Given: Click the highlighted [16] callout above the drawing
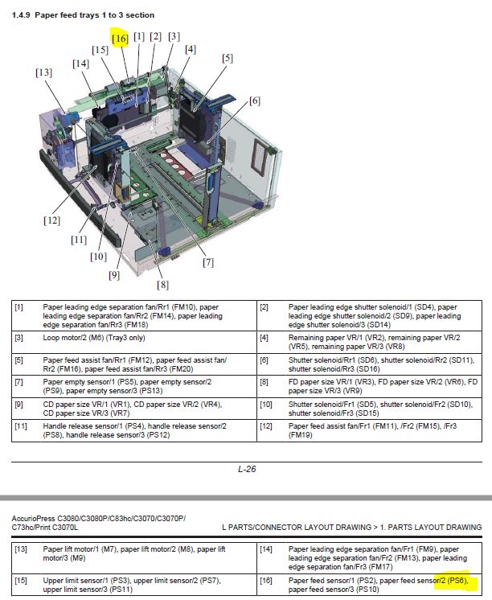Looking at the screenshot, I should [120, 38].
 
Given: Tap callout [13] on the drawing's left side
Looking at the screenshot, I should [43, 72].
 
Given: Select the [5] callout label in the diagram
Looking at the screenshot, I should [228, 58].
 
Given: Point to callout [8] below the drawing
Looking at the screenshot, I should [163, 284].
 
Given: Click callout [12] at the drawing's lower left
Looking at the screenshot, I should [52, 220].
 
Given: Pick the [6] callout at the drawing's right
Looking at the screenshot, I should [255, 101].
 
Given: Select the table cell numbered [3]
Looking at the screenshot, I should [19, 339].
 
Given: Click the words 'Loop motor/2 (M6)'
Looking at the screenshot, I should [79, 339].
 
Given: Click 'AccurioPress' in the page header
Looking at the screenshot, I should [39, 517].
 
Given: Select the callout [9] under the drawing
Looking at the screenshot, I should [113, 274].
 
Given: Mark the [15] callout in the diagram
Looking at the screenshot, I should [100, 50].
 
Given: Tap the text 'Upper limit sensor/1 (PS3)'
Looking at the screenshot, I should [87, 580].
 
